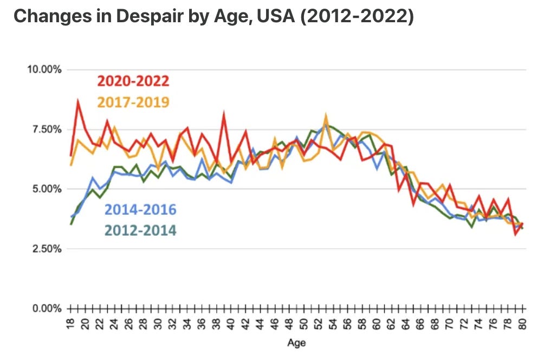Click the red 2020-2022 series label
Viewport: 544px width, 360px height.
point(133,81)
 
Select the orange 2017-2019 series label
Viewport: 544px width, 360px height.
point(133,101)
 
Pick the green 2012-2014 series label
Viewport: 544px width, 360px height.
point(140,230)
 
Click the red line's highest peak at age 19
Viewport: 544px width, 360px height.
point(79,101)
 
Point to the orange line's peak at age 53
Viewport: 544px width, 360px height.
point(326,115)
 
